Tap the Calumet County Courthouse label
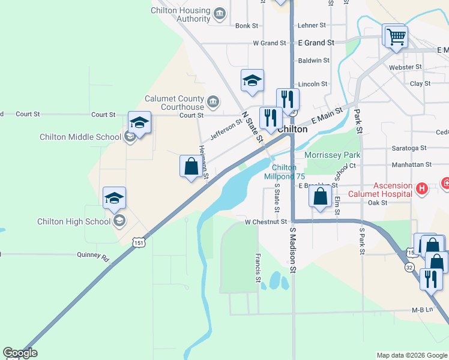[174, 103]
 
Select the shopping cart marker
[396, 37]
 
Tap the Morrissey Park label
[332, 155]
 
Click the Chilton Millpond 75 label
[285, 172]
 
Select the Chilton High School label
[75, 221]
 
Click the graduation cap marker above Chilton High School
[114, 198]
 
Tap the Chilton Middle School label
[80, 137]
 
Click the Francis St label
[257, 268]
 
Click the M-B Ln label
[422, 310]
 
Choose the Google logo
[20, 353]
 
